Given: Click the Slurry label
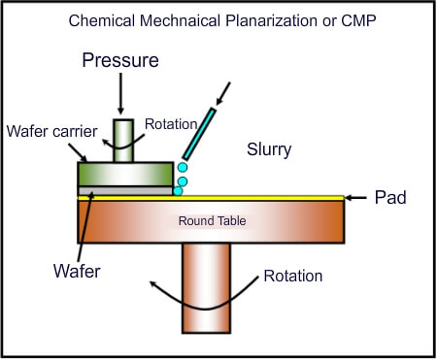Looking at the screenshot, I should (269, 150).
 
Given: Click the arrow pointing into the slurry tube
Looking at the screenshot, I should (224, 93).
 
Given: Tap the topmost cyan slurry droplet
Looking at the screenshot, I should (182, 168).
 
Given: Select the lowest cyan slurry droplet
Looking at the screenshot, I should (178, 191).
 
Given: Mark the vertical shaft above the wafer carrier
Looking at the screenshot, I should (124, 140).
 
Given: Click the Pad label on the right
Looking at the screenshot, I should (389, 198).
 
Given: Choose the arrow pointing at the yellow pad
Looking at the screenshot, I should (358, 198).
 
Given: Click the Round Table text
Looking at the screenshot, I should (211, 221).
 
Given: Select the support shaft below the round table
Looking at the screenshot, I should (205, 286).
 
